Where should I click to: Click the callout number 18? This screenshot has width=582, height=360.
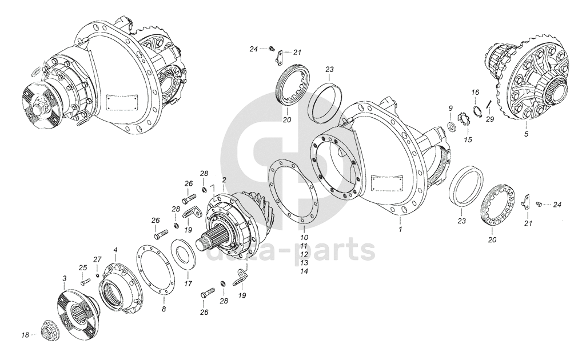coord(25,335)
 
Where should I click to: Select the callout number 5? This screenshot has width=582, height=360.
coord(526,134)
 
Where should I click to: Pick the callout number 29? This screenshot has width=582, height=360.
coord(490,119)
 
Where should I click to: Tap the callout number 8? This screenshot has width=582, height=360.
coord(164,309)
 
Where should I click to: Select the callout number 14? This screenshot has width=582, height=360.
coord(304,271)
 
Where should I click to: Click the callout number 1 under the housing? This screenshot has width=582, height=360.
coord(400,229)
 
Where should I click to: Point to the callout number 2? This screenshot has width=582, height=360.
coord(224,179)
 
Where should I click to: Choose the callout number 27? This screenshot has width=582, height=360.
coord(97,259)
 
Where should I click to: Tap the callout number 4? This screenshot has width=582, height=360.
coord(115,250)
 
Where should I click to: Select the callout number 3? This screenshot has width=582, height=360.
coord(64,278)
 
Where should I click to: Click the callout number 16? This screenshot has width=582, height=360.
coord(475,92)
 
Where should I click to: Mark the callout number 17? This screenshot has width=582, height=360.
coord(188,283)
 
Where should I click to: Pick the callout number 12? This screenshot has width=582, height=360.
coord(304,254)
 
